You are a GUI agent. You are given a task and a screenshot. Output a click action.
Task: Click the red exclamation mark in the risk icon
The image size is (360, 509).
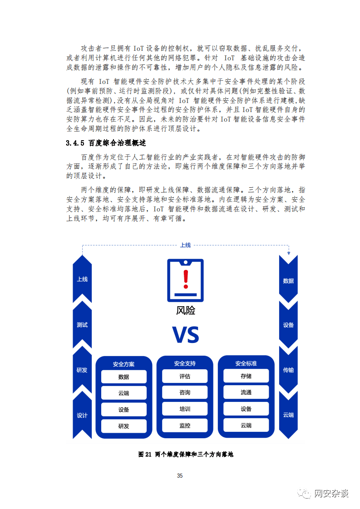point(186,279)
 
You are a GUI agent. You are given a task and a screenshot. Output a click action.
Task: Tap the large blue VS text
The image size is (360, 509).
point(186,335)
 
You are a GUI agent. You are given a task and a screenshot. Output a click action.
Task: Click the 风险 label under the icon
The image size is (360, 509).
point(186,311)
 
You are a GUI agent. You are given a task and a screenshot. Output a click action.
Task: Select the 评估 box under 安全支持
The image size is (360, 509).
point(185,376)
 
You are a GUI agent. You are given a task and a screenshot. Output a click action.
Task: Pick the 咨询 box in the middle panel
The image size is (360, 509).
point(185,392)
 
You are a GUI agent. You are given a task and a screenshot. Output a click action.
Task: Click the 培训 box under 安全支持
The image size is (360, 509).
point(185,409)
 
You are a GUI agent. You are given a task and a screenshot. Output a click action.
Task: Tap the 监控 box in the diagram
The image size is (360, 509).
point(185,426)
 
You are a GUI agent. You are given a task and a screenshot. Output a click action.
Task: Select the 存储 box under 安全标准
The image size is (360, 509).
point(246,376)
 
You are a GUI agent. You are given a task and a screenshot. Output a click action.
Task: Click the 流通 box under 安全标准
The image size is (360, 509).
point(246,392)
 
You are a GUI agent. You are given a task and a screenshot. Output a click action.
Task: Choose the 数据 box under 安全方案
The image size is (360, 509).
point(124,377)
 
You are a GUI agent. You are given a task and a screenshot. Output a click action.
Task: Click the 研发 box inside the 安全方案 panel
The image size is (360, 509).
point(124,426)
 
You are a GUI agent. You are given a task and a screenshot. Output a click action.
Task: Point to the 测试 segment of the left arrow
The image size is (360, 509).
point(82,325)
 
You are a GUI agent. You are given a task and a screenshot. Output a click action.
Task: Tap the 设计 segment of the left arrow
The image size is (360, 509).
point(82,415)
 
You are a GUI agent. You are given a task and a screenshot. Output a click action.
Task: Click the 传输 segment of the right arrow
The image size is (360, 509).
point(289,370)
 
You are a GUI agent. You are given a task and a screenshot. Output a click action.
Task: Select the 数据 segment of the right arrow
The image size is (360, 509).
point(289,281)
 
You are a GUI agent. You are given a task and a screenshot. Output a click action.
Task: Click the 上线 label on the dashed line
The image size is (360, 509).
point(186,245)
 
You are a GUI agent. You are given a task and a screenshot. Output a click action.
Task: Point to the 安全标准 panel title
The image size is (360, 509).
point(246,363)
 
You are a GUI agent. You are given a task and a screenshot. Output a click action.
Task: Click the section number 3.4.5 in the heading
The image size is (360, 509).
point(75,143)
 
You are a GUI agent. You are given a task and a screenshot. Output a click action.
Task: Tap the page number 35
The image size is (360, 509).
point(180,475)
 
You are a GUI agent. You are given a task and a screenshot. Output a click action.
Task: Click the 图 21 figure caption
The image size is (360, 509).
point(186,454)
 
